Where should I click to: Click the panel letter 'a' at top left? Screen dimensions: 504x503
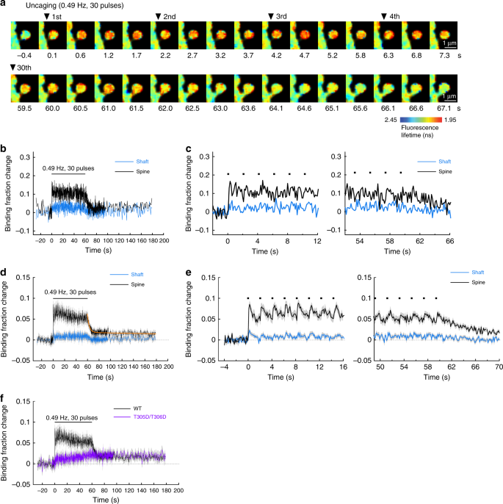pos(3,4)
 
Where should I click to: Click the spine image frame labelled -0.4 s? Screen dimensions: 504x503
pos(24,35)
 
